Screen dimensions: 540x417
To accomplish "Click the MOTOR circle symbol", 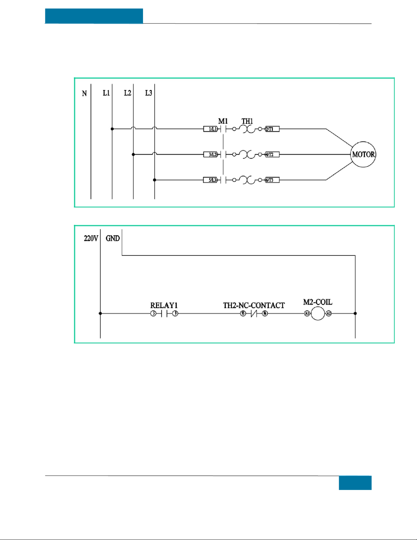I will pos(363,154).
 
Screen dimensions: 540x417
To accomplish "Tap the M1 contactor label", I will pos(223,121).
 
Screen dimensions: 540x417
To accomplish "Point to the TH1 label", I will pos(247,121).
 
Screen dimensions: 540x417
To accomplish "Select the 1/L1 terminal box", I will pos(211,129).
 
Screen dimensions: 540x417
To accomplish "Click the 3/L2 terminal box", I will pos(211,155).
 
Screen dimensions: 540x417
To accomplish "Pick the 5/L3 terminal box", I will pos(211,180).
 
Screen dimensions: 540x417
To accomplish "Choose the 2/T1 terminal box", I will pos(272,129).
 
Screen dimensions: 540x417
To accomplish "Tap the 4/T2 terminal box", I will pos(272,155).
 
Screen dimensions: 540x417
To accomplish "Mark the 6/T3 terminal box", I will pos(272,180).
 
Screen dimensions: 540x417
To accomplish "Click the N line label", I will pos(84,93).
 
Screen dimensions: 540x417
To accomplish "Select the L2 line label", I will pos(127,93).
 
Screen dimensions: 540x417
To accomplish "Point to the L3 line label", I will pos(148,93).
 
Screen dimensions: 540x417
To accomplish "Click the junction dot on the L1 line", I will pos(112,129).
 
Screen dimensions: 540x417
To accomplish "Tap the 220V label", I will pos(91,238).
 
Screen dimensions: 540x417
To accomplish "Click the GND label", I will pos(113,238).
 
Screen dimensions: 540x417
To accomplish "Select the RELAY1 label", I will pos(164,305).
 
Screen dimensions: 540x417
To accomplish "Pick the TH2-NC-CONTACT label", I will pos(254,305).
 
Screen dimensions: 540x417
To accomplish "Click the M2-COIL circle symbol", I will pos(318,313).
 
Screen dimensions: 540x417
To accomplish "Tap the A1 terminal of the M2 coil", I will pos(307,313).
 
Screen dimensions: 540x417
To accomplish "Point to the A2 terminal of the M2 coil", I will pos(328,313).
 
